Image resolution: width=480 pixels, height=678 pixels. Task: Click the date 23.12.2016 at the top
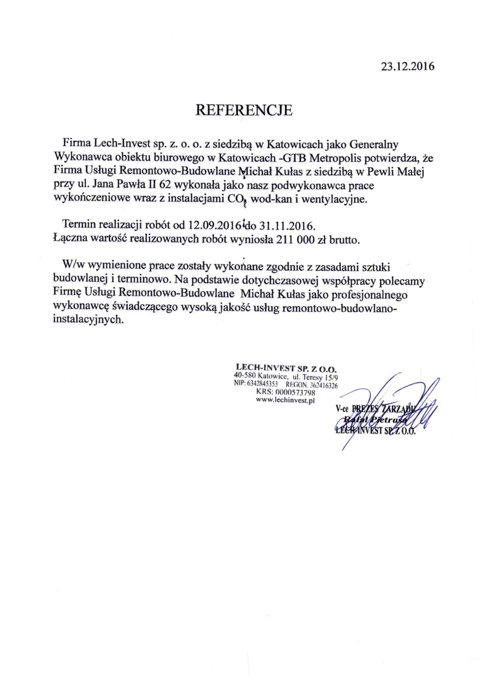tap(408, 66)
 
